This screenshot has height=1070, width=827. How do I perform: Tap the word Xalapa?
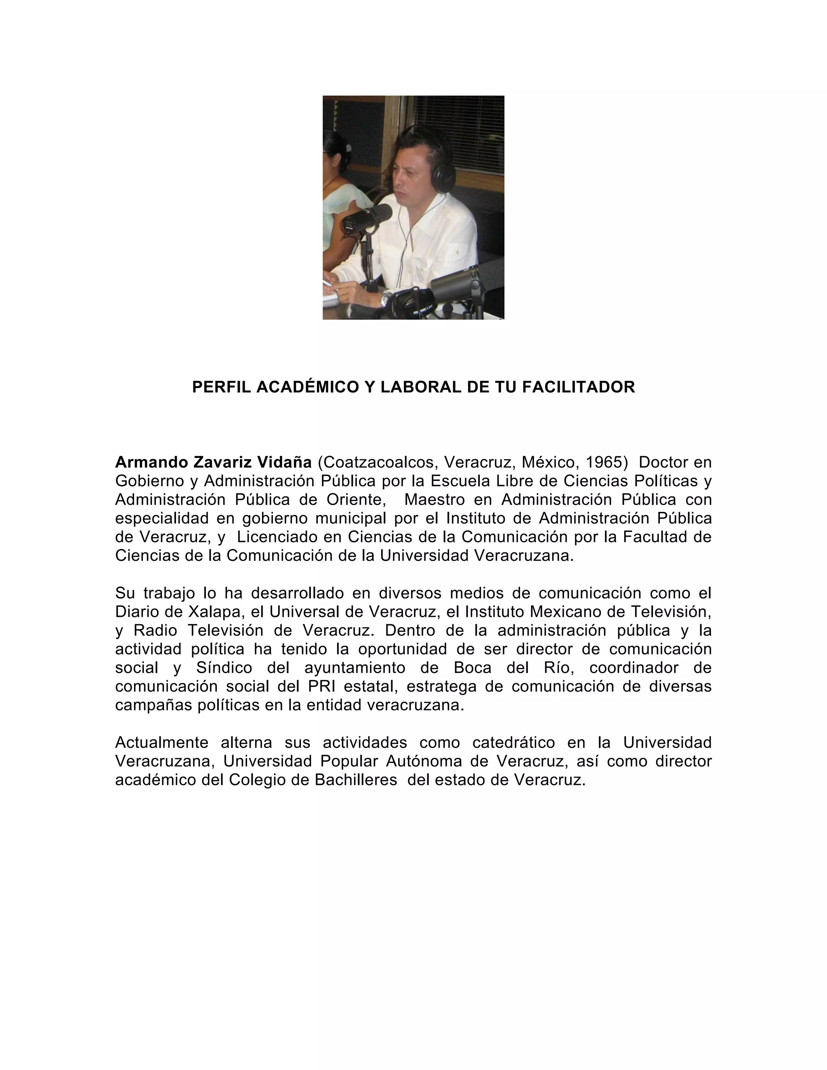coord(213,611)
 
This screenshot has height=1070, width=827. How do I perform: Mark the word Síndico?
coord(224,668)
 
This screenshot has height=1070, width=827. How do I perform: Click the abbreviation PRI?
coord(321,686)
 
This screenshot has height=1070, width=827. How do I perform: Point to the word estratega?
coord(441,686)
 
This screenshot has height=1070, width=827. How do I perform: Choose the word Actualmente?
coord(162,743)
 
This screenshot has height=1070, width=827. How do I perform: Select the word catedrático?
coord(514,743)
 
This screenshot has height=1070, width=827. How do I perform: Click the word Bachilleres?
coord(356,780)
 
